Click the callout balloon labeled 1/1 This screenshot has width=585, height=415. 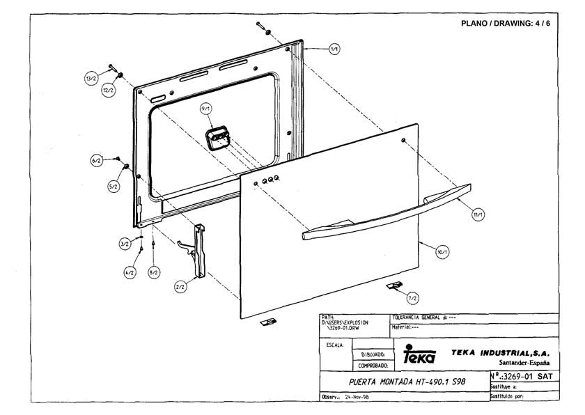(334, 49)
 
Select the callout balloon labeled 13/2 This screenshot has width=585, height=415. (91, 79)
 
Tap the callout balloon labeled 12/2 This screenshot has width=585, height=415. (109, 91)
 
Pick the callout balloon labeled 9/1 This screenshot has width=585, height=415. (205, 110)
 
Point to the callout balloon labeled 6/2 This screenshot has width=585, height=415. (96, 161)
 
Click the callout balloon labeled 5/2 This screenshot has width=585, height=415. (113, 187)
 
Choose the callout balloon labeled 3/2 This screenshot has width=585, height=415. (124, 244)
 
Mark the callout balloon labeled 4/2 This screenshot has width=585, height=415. (130, 274)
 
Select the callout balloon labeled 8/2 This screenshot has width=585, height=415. (154, 274)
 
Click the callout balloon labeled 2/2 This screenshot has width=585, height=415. (180, 285)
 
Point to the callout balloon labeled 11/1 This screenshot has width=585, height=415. (478, 214)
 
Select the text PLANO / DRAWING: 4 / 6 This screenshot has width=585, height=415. (506, 23)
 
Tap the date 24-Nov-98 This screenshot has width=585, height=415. (359, 397)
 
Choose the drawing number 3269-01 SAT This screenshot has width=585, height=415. (526, 376)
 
